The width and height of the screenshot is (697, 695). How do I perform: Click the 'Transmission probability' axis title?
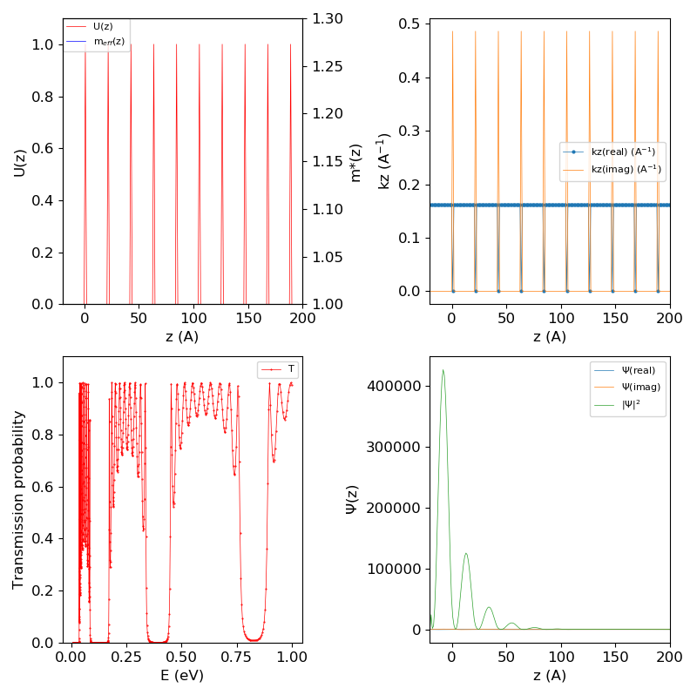coord(18,499)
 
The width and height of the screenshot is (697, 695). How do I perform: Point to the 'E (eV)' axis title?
coord(183,675)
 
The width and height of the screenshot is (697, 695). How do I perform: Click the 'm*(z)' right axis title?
coord(355,161)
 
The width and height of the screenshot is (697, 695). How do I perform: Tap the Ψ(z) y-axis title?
coord(353,499)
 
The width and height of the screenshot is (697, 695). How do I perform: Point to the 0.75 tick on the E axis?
coord(236,655)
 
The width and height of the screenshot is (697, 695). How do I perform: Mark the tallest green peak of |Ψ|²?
coord(443,370)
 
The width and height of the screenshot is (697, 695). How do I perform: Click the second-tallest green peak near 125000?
coord(466,553)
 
